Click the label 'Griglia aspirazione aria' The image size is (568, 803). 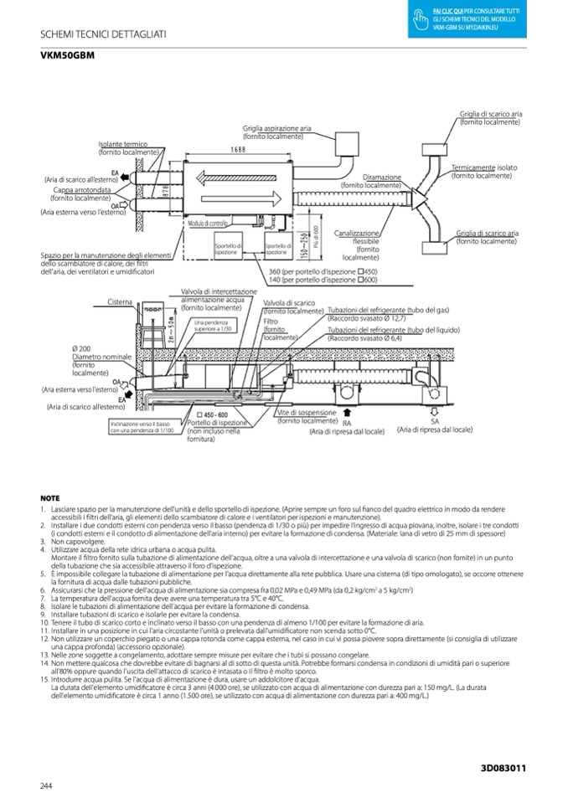point(276,128)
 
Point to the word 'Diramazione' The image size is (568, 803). point(382,178)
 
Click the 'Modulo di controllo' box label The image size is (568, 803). point(208,223)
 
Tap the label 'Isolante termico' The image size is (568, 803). point(123,144)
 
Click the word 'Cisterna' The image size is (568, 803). point(119,301)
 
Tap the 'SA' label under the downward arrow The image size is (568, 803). point(435,422)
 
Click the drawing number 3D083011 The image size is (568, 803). point(503,767)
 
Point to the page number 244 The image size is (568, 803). point(46,784)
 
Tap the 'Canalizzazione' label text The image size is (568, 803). point(358,232)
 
